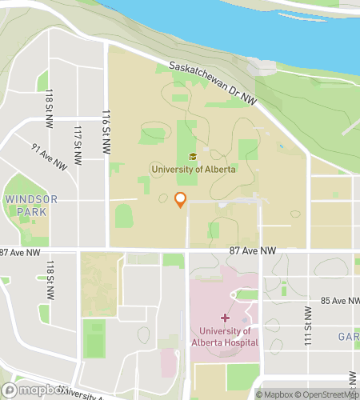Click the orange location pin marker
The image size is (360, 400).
click(181, 200)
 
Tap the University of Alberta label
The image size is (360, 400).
click(192, 169)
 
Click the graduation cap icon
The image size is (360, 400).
click(192, 157)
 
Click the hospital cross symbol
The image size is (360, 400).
click(224, 318)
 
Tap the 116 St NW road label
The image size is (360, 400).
click(106, 126)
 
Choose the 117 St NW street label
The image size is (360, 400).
click(78, 145)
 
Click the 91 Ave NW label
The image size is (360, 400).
click(48, 156)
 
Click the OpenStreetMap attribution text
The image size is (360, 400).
click(326, 394)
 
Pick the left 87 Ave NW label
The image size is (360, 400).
click(19, 253)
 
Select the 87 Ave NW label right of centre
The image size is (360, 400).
click(253, 251)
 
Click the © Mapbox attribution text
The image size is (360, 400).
click(274, 394)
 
